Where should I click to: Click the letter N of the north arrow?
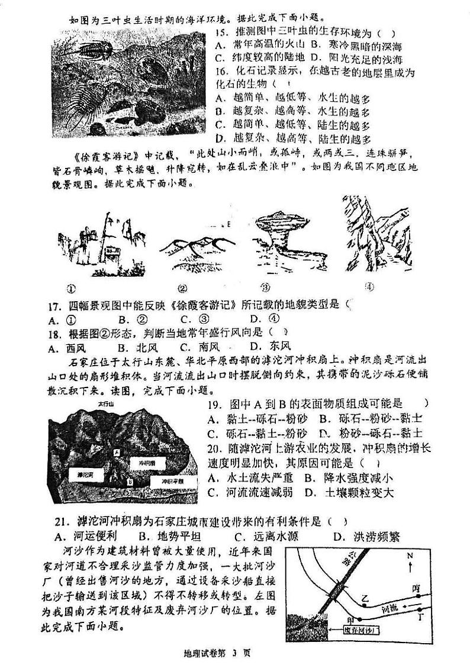pos(410,557)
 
